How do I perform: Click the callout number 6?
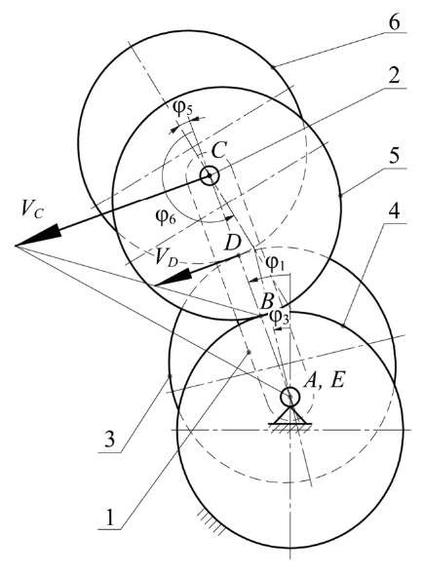tap(394, 22)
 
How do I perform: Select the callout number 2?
tap(394, 76)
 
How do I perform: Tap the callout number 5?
tap(394, 157)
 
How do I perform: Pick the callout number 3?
tap(110, 440)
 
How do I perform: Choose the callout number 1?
tap(109, 517)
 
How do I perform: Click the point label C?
tap(219, 150)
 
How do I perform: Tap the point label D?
tap(232, 243)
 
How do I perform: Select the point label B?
tap(268, 302)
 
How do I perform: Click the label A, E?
tap(325, 381)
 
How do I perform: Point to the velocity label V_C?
tap(32, 210)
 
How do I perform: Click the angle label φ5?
tap(183, 108)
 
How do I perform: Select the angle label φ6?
tap(166, 217)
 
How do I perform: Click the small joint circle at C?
tap(210, 175)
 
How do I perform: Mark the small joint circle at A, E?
tap(290, 396)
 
